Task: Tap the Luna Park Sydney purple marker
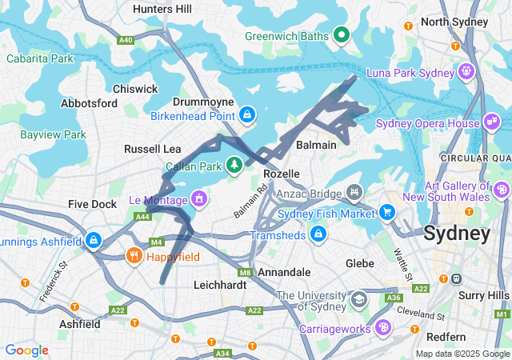466,73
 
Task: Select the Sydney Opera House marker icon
491,122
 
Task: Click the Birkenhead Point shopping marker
247,116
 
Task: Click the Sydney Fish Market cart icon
388,213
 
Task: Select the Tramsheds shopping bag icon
318,234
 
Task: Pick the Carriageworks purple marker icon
384,327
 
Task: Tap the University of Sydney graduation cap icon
359,299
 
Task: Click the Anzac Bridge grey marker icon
354,192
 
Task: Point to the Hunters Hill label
162,9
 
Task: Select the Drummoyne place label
203,102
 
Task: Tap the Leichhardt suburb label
219,284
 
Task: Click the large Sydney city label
456,234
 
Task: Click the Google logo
26,350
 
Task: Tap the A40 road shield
125,39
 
